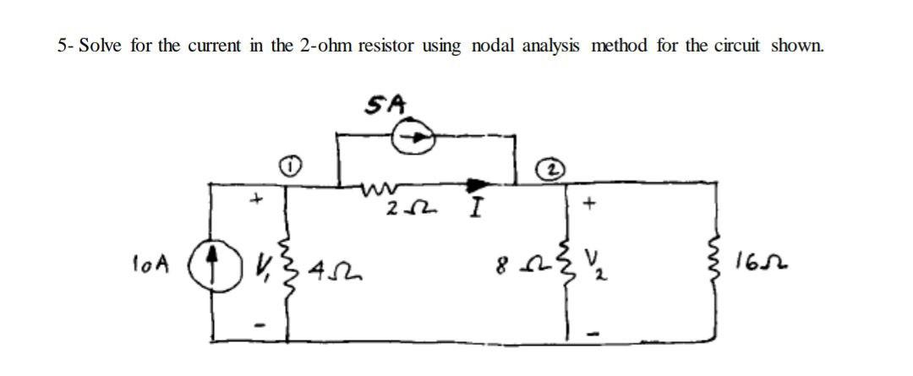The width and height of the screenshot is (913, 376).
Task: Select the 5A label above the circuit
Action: click(385, 104)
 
